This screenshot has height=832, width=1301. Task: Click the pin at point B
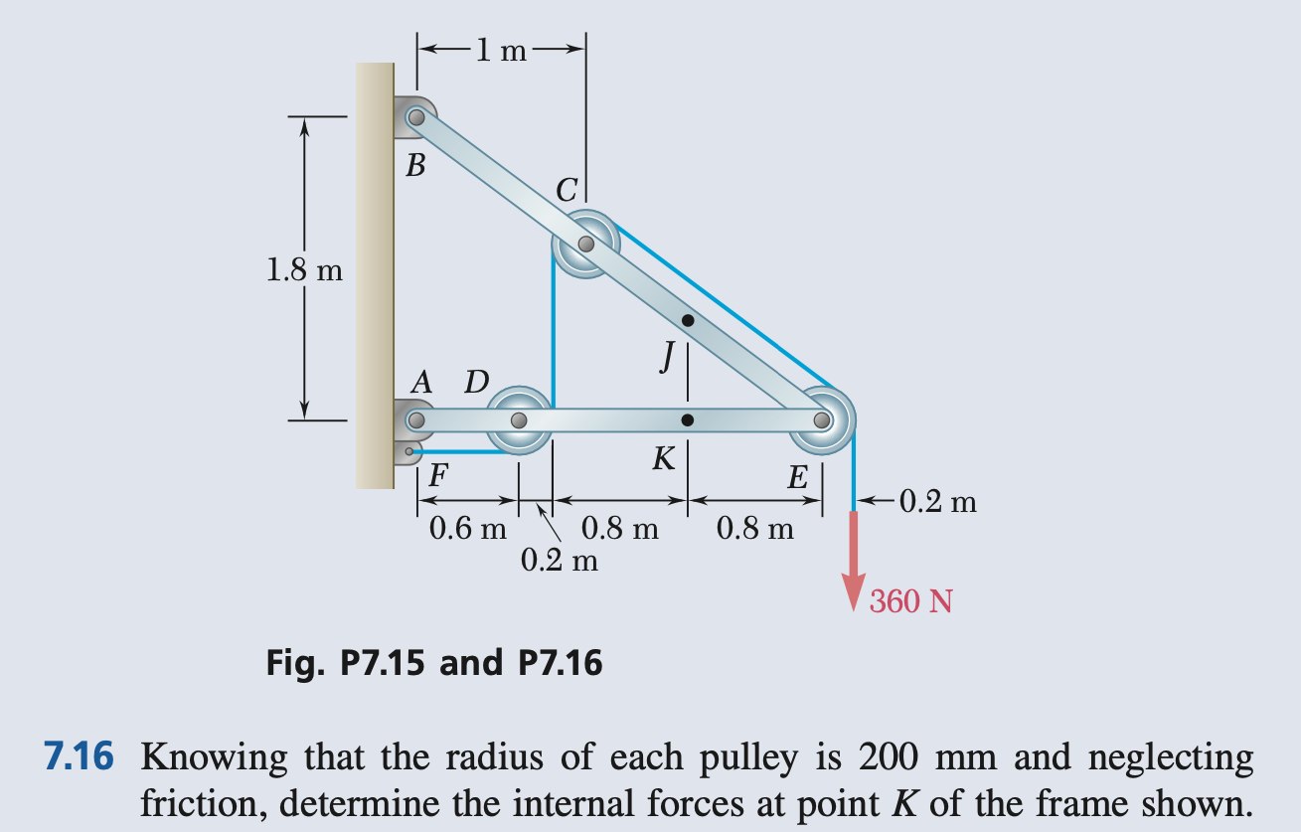(x=416, y=117)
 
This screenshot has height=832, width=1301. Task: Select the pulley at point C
(x=586, y=243)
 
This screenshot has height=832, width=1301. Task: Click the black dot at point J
(x=688, y=320)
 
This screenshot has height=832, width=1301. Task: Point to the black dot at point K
(x=688, y=420)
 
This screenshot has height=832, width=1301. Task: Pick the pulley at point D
(x=518, y=420)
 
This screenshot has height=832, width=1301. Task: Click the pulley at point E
(x=822, y=419)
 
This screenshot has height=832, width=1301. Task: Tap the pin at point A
(x=415, y=420)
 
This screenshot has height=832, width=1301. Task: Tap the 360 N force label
(x=911, y=601)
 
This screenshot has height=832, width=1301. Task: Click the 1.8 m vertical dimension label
(x=304, y=270)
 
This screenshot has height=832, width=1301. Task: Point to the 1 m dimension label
(x=500, y=48)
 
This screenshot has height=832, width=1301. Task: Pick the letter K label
(x=664, y=459)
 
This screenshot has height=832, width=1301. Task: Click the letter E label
(x=797, y=478)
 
